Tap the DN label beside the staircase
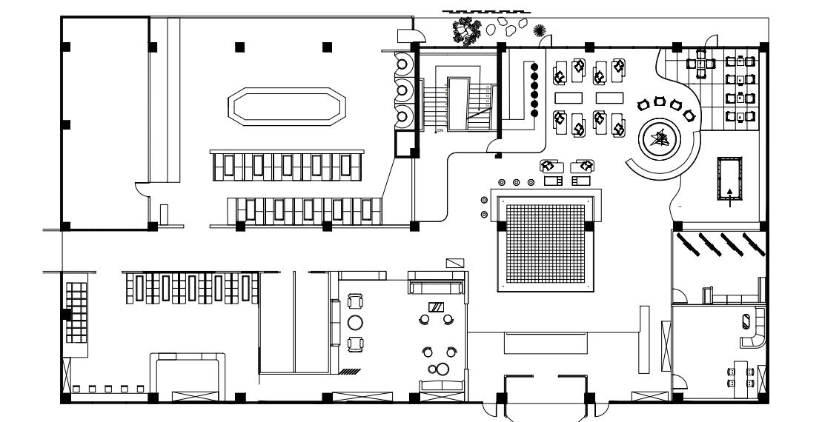point(440,130)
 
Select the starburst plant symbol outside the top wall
point(540,30)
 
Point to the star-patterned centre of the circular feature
point(658,138)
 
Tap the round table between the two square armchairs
point(355,322)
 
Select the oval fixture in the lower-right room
point(746,321)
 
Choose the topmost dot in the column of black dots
point(534,66)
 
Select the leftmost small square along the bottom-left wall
point(78,388)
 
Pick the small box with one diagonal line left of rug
point(454,263)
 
